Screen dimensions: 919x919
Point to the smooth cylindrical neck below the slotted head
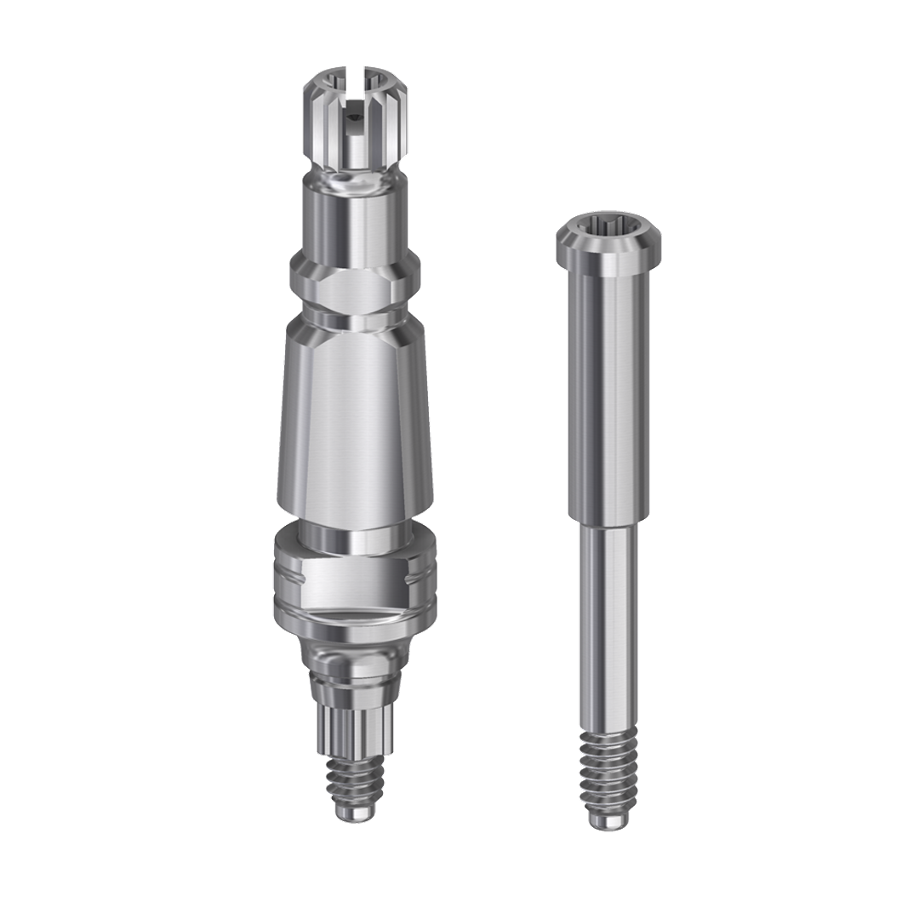pos(353,223)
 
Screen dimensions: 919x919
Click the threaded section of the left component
pos(353,779)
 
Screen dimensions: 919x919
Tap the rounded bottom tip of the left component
pos(353,813)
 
